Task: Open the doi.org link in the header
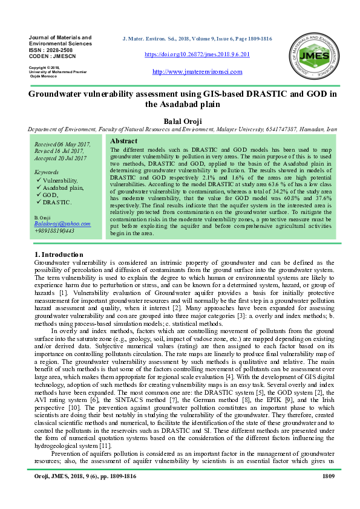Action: [x=197, y=54]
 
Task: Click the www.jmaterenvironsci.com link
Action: [x=197, y=72]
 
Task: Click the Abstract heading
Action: [x=123, y=141]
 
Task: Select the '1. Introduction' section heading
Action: [x=55, y=255]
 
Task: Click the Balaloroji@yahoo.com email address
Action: [x=62, y=223]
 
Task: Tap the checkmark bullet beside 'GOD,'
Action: [x=38, y=195]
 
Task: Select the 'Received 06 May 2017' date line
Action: [x=62, y=144]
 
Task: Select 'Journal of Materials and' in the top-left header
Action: [x=60, y=37]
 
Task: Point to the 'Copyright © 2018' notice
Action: [x=44, y=67]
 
